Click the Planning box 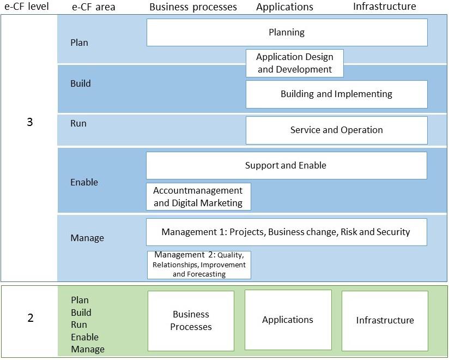(287, 32)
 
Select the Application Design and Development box (295, 63)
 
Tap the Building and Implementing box (336, 94)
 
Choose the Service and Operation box (336, 130)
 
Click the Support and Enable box (287, 166)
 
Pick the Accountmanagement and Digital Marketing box (198, 196)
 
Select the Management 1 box (287, 232)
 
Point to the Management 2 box (199, 265)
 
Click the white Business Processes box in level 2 (191, 321)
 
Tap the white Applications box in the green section (288, 320)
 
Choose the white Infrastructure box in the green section (385, 321)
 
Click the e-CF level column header (27, 7)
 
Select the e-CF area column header (94, 7)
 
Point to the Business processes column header (193, 7)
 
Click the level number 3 (30, 122)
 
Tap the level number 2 (31, 318)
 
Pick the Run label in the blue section (78, 123)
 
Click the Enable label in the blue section (84, 182)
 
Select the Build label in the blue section (81, 83)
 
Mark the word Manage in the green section (88, 350)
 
